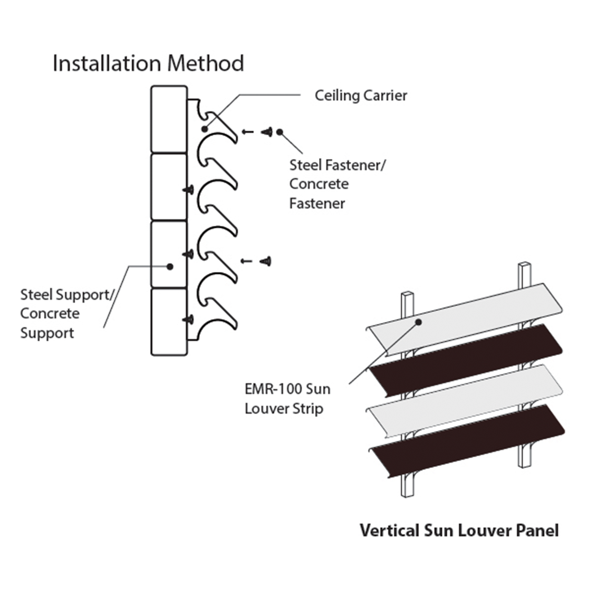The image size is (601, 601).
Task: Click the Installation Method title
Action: [148, 63]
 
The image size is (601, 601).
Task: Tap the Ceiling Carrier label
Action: [361, 96]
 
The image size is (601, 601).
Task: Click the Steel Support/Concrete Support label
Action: [66, 313]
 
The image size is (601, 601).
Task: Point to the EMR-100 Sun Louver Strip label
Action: [287, 398]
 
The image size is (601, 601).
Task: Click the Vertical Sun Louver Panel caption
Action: [459, 530]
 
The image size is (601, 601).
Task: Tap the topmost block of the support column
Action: [169, 119]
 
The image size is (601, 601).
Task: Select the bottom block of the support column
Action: [169, 321]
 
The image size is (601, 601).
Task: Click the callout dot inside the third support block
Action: [170, 266]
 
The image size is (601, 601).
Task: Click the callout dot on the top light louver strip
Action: [418, 322]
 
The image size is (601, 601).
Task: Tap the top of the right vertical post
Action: [525, 267]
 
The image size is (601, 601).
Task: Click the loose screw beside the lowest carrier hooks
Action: [267, 261]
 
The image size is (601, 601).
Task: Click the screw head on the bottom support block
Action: [189, 320]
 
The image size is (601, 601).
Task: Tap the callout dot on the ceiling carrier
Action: [204, 129]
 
